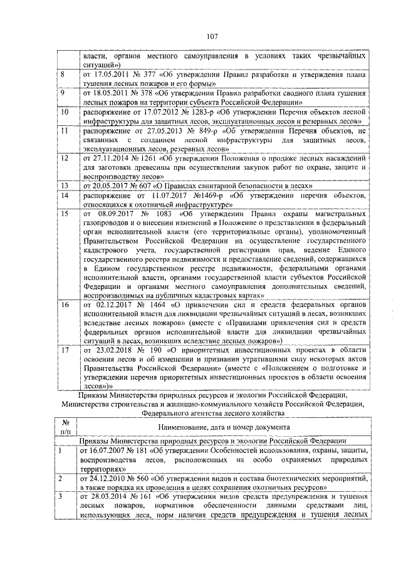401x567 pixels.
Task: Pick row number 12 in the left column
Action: coord(64,159)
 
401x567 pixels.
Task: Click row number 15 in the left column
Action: coord(64,214)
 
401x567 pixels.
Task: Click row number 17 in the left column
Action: coord(64,350)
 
